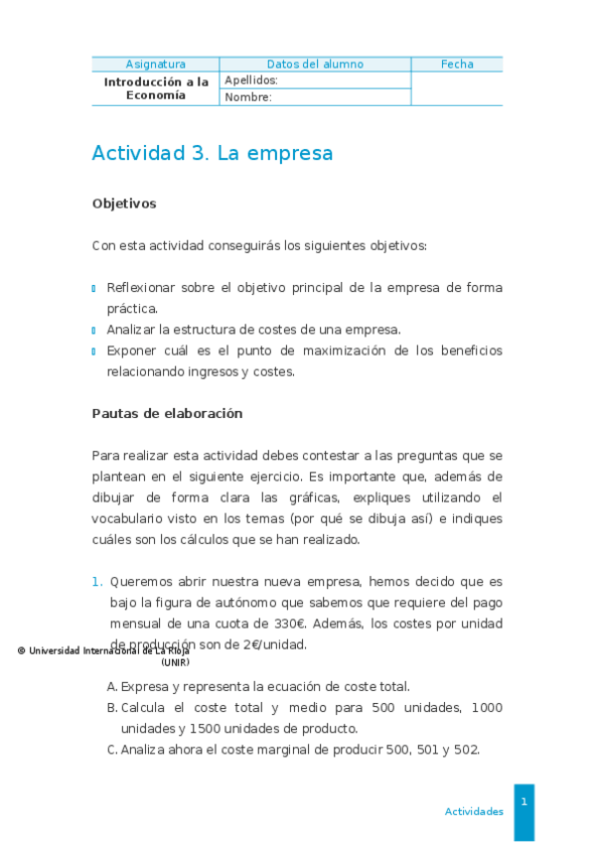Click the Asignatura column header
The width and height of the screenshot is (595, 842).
(x=155, y=65)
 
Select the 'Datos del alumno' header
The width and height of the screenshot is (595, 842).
(x=315, y=65)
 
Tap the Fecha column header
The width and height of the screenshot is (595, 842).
(x=457, y=65)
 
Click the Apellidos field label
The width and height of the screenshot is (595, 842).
(x=251, y=80)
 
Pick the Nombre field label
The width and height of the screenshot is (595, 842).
(x=248, y=97)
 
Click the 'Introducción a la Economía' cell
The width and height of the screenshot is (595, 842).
(x=156, y=88)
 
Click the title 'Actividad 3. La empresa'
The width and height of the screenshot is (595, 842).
(x=212, y=154)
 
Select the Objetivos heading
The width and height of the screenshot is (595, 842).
(x=124, y=204)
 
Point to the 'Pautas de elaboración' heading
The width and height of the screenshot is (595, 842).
(x=167, y=413)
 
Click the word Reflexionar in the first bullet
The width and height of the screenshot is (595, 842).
(x=140, y=288)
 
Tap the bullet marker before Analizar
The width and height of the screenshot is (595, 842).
(x=94, y=331)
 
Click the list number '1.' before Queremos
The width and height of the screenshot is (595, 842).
(x=97, y=582)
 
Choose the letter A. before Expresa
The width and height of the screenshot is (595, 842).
(x=112, y=686)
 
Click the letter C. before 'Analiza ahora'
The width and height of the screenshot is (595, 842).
(x=112, y=750)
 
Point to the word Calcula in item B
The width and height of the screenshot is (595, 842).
(x=145, y=708)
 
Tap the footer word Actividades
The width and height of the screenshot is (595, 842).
(x=474, y=811)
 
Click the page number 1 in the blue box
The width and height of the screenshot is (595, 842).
(x=523, y=801)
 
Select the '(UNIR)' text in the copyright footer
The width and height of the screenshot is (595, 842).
(x=175, y=661)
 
